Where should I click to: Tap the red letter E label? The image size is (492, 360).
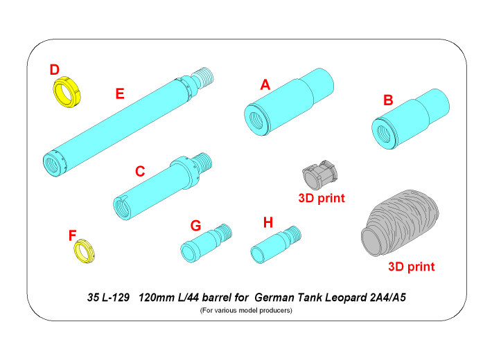119,94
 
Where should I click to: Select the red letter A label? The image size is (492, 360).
264,84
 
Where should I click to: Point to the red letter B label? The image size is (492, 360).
388,100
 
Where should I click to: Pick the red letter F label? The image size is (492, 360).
72,235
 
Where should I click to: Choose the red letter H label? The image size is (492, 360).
269,222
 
